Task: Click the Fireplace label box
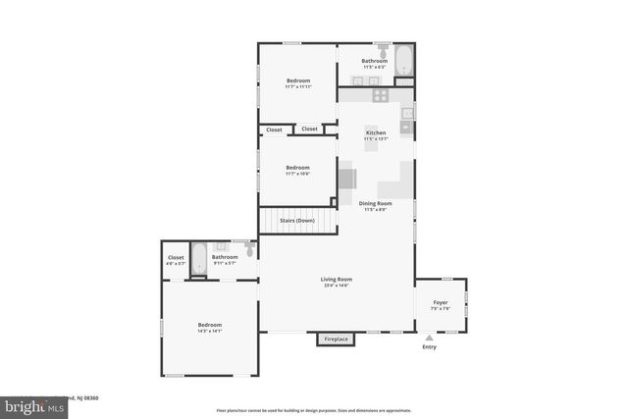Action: pos(336,340)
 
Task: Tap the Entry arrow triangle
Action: pos(429,337)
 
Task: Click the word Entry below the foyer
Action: pos(429,347)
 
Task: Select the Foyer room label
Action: pos(440,304)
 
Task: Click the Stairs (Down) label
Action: pos(296,221)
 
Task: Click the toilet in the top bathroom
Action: pos(381,50)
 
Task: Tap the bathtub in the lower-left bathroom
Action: pos(199,259)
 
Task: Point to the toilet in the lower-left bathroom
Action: pos(250,250)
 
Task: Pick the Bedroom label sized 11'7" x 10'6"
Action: pos(297,170)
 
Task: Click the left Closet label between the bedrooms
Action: pos(274,130)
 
